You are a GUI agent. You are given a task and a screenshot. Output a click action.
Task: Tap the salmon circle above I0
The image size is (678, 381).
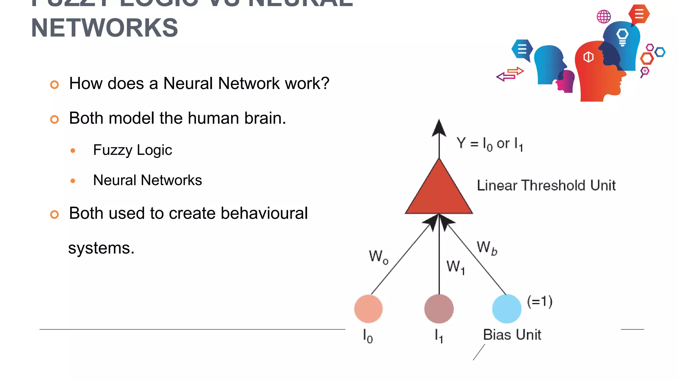[368, 309]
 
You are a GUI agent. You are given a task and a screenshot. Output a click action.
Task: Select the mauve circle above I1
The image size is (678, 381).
[439, 309]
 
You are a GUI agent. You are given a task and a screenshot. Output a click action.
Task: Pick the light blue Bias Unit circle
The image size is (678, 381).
[507, 309]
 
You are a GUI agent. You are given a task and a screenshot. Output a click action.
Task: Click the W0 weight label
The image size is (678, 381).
[378, 257]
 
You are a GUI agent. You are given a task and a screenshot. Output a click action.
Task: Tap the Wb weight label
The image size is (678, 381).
[487, 248]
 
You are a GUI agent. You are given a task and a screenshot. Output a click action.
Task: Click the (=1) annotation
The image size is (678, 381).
[540, 302]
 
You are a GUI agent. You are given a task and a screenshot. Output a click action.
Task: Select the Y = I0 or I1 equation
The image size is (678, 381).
[489, 144]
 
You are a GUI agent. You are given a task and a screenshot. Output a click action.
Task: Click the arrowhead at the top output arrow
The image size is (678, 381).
[439, 128]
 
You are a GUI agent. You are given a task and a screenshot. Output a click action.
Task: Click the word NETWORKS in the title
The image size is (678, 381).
[105, 28]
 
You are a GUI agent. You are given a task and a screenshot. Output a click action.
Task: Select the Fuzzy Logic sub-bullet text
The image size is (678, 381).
[132, 150]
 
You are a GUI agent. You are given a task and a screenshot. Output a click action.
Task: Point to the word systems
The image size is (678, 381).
[101, 248]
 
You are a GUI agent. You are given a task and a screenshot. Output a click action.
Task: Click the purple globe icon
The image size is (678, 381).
[604, 17]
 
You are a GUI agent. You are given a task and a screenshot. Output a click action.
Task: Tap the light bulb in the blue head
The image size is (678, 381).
[622, 37]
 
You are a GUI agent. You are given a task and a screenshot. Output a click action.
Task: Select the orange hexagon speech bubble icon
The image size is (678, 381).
[639, 14]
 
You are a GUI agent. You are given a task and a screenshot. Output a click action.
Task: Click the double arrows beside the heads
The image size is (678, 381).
[510, 74]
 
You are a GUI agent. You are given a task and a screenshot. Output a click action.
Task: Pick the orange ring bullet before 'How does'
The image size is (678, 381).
[55, 85]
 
